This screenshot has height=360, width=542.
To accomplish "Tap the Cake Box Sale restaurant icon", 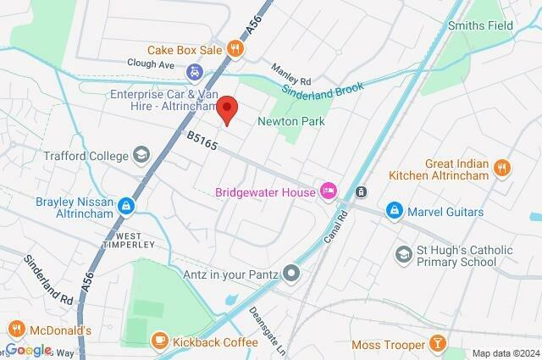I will pos(241,49).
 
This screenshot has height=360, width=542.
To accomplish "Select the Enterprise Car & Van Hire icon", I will pos(195,71).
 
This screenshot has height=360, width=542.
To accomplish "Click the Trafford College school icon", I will pos(141,155).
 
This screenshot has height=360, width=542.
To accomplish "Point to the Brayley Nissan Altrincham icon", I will pos(125,205).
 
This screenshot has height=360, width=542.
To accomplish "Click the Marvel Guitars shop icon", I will pos(394,209).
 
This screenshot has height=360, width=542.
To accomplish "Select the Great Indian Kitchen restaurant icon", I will pos(502,167).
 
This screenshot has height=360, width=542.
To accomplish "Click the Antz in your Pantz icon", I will pos(292,273).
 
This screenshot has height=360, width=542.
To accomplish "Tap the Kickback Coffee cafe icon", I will pos(158,340).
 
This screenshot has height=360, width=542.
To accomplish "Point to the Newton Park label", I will pos(297,122).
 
